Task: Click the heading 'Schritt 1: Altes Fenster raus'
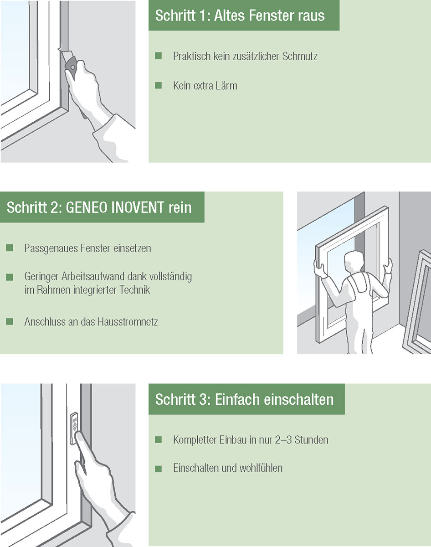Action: (x=240, y=15)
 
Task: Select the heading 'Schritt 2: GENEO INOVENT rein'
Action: (x=99, y=207)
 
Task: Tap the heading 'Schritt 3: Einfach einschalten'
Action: (x=244, y=399)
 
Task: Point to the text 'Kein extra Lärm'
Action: (x=205, y=86)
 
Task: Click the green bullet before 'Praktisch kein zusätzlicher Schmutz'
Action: (x=159, y=56)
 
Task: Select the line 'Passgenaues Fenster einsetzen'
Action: (x=87, y=248)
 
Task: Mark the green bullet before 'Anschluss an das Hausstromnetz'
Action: (x=10, y=322)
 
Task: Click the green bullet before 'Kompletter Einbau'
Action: (x=159, y=440)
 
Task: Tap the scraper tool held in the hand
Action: (x=71, y=66)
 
